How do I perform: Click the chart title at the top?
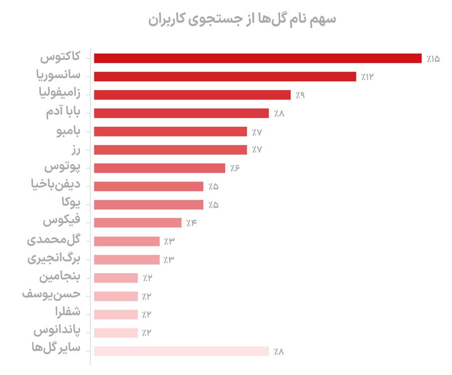[x=243, y=20]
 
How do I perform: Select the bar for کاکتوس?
[x=257, y=58]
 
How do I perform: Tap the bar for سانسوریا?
[x=224, y=76]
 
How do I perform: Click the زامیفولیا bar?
[x=192, y=95]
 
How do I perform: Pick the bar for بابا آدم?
[x=181, y=113]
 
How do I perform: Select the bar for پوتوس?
[x=159, y=168]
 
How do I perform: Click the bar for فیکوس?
[x=137, y=222]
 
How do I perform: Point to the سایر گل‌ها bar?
[x=181, y=351]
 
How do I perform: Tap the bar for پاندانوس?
[x=116, y=332]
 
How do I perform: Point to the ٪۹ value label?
[x=300, y=95]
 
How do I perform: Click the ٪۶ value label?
[x=235, y=168]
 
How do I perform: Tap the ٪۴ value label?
[x=191, y=223]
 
